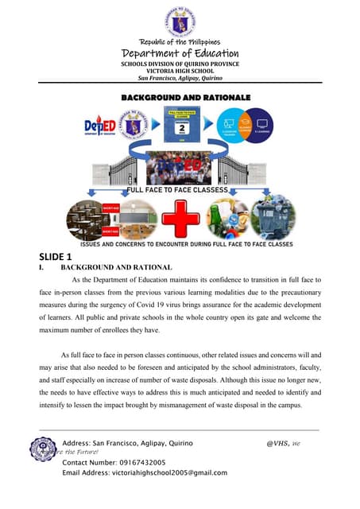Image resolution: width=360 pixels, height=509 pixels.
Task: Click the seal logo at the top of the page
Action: pyautogui.click(x=180, y=18)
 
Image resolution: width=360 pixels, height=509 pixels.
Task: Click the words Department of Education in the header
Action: pyautogui.click(x=180, y=53)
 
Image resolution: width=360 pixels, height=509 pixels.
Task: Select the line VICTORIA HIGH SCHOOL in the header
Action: pyautogui.click(x=180, y=71)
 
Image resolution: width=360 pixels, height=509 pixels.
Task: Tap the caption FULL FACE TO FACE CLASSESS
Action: pyautogui.click(x=180, y=191)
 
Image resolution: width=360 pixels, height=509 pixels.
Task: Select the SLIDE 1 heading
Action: pyautogui.click(x=56, y=256)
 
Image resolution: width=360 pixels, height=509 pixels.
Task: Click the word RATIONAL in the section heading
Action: pyautogui.click(x=137, y=269)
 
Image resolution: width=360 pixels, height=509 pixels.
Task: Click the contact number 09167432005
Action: pyautogui.click(x=137, y=461)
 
